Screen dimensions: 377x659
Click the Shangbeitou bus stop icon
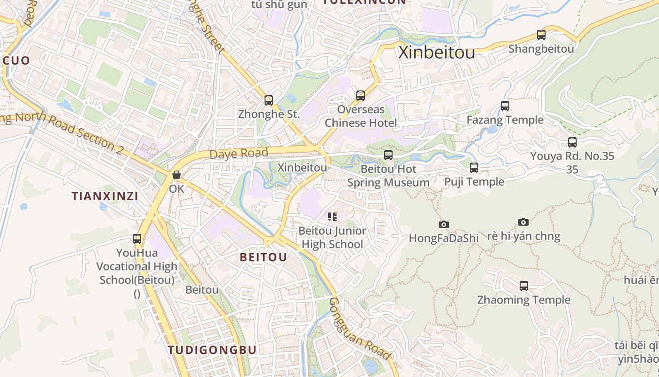pyautogui.click(x=541, y=35)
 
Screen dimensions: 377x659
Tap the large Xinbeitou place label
pyautogui.click(x=436, y=53)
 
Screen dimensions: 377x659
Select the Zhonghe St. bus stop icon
pyautogui.click(x=269, y=100)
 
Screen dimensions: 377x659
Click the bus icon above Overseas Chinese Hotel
pyautogui.click(x=361, y=96)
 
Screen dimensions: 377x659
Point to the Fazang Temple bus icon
pyautogui.click(x=505, y=106)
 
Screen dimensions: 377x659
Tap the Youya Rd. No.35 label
pyautogui.click(x=572, y=156)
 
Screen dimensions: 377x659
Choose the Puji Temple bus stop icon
pyautogui.click(x=474, y=168)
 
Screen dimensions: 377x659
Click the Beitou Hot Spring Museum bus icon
pyautogui.click(x=388, y=155)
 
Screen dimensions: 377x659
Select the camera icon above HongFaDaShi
pyautogui.click(x=443, y=224)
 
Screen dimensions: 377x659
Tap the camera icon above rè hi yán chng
pyautogui.click(x=523, y=222)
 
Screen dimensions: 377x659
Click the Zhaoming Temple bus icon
pyautogui.click(x=524, y=286)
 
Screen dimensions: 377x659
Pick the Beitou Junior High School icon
pyautogui.click(x=332, y=217)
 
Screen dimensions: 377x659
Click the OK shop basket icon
pyautogui.click(x=177, y=175)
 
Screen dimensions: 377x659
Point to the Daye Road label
pyautogui.click(x=239, y=154)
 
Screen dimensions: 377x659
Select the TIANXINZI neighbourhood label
pyautogui.click(x=105, y=196)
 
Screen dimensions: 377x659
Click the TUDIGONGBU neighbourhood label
pyautogui.click(x=212, y=350)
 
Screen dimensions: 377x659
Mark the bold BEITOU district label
pyautogui.click(x=263, y=257)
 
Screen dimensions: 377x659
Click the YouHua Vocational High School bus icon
pyautogui.click(x=137, y=239)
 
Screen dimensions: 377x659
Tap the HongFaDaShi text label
pyautogui.click(x=443, y=238)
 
